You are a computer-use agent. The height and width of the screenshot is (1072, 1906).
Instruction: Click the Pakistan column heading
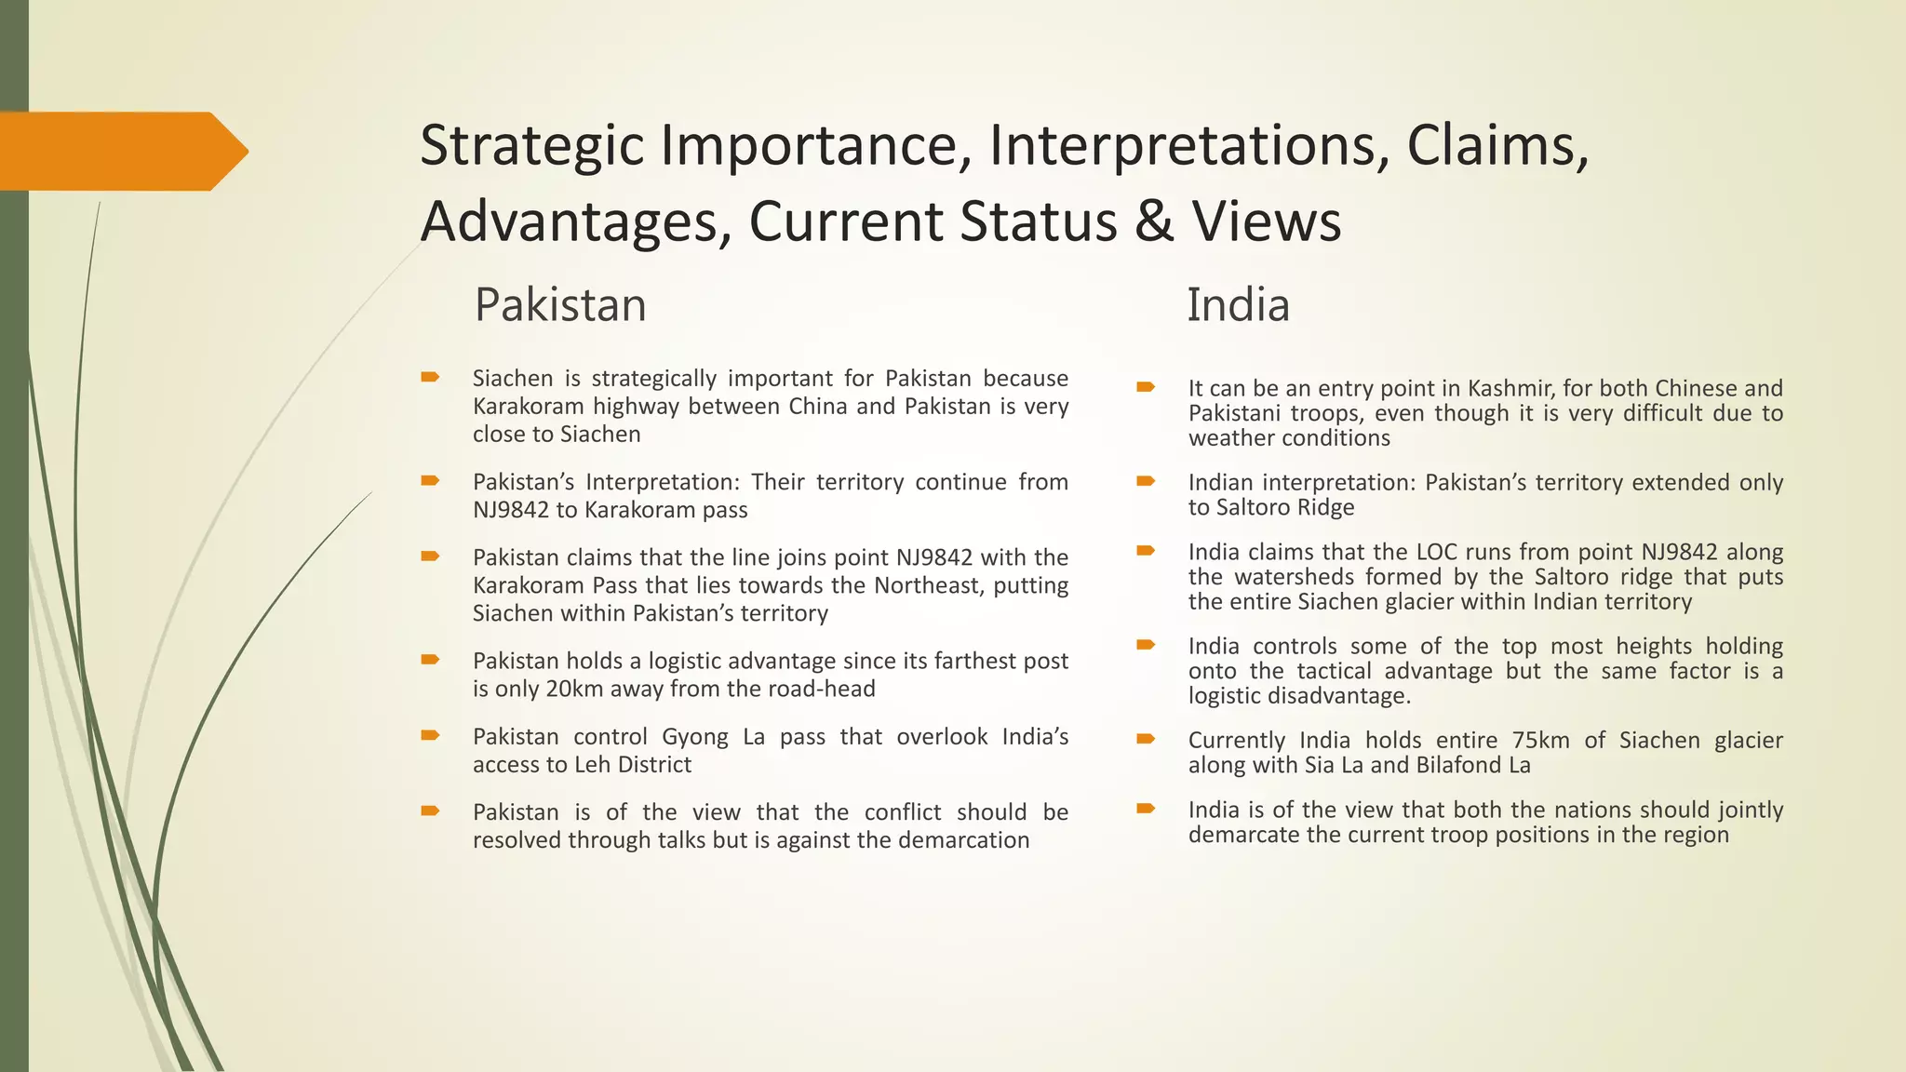tap(560, 305)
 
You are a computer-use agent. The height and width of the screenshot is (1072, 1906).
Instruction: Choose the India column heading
tap(1238, 305)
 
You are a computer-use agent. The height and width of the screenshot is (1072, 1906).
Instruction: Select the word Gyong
tap(694, 736)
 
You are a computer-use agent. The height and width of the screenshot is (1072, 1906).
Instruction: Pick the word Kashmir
tap(1509, 388)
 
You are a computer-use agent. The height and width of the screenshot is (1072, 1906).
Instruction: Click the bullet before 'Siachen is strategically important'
tap(429, 377)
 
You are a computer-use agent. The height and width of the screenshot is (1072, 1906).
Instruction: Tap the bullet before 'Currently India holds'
tap(1145, 739)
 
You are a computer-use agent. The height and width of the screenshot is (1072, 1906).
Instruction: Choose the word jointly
tap(1745, 810)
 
